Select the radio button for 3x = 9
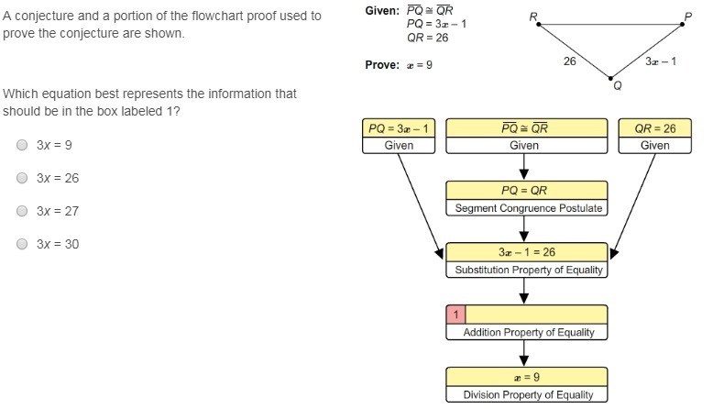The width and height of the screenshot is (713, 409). [22, 145]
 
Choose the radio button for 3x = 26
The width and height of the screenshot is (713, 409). [22, 178]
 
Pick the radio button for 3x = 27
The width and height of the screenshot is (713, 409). [22, 211]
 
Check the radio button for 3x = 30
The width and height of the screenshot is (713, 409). [22, 244]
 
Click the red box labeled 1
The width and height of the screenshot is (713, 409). [455, 315]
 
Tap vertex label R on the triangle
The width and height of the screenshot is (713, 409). [533, 17]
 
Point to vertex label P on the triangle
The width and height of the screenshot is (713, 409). [688, 17]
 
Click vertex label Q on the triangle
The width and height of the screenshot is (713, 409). [617, 85]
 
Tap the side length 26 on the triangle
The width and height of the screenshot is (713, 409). [569, 61]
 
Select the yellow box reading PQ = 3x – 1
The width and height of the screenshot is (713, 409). [399, 128]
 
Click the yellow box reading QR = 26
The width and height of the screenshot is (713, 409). [654, 128]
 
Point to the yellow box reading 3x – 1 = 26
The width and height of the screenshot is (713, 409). [526, 252]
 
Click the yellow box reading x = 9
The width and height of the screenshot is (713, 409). [526, 377]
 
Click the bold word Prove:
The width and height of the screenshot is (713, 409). [380, 65]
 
